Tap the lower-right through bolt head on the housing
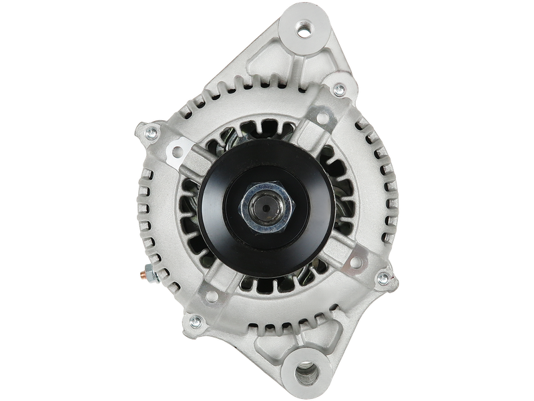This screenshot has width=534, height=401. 382,277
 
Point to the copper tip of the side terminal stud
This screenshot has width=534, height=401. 142,274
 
